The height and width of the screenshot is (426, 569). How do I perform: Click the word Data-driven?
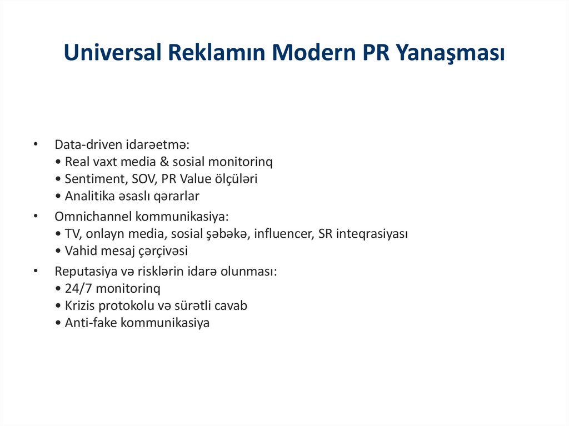(86, 144)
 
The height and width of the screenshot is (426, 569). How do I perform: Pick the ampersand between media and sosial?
(166, 162)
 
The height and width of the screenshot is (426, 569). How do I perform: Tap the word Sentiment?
(92, 179)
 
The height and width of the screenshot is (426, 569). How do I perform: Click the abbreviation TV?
(72, 233)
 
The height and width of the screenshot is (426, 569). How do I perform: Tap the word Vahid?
(81, 250)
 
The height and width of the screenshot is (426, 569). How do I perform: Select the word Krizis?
(79, 305)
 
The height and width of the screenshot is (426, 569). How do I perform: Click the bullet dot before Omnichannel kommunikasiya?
(36, 215)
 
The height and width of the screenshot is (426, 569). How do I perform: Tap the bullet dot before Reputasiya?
(36, 270)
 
